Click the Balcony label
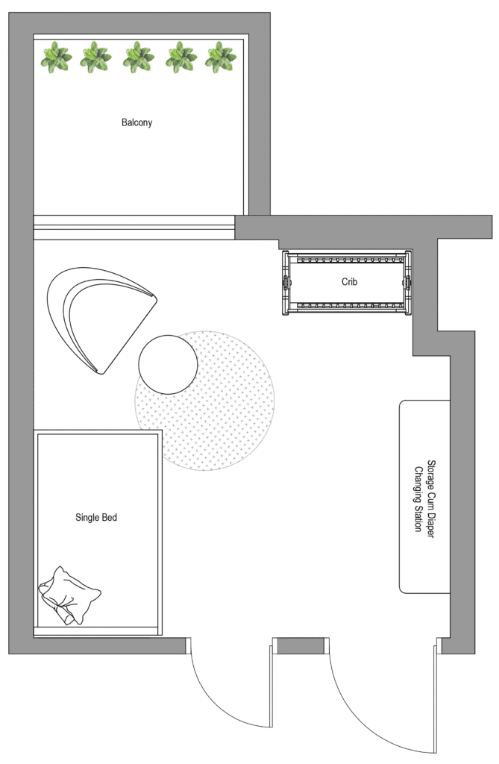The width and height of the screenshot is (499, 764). (137, 122)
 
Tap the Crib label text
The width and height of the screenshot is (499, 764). (349, 281)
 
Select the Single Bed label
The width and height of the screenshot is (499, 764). (96, 518)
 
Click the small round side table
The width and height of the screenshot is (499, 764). (168, 364)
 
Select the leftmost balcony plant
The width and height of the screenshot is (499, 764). (55, 57)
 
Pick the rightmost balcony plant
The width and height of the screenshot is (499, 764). (220, 57)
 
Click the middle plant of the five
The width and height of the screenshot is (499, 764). (139, 57)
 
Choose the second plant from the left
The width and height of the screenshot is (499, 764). (95, 57)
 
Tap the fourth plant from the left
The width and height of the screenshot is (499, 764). (181, 57)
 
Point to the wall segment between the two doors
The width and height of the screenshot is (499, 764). (301, 645)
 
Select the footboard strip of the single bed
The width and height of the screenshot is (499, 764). (97, 631)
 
